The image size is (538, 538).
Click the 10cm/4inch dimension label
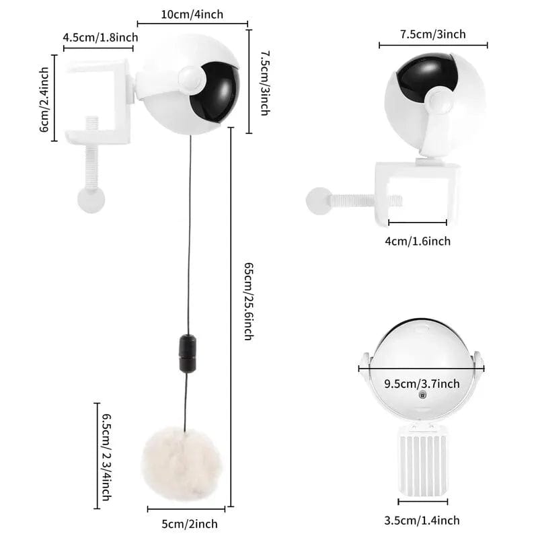[x=192, y=14]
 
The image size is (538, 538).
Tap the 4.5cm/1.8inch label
[x=100, y=37]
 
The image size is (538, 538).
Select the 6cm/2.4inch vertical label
[x=44, y=100]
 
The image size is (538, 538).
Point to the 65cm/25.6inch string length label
[x=249, y=301]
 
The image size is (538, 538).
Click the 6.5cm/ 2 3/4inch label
[x=107, y=457]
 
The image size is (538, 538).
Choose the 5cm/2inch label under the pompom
[x=190, y=524]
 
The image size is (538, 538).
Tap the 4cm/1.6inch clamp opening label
[x=418, y=241]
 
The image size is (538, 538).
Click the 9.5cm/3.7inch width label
[x=422, y=383]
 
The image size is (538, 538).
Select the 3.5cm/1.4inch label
[x=422, y=520]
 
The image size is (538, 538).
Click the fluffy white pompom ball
[x=181, y=463]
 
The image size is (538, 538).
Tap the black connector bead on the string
[x=188, y=354]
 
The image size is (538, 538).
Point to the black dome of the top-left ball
[x=215, y=92]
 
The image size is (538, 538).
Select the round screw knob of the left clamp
[x=91, y=199]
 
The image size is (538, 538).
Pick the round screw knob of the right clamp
[x=319, y=201]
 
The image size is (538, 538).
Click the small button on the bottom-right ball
[x=422, y=395]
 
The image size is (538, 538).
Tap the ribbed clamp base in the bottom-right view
[x=422, y=461]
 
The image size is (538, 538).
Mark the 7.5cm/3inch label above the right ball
[x=433, y=34]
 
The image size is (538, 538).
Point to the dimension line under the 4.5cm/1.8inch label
[x=98, y=48]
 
